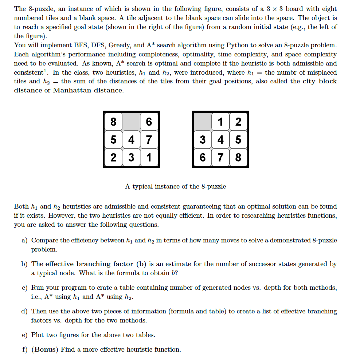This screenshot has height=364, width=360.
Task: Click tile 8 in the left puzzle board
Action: point(113,122)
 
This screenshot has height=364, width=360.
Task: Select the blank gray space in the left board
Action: point(131,122)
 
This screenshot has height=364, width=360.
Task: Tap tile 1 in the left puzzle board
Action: point(149,157)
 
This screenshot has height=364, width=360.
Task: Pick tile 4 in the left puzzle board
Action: point(131,139)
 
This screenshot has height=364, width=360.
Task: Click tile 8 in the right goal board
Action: point(238,157)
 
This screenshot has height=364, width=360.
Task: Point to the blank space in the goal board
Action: point(203,122)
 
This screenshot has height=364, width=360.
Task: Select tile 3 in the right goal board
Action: point(203,139)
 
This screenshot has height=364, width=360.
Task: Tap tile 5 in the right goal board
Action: point(238,139)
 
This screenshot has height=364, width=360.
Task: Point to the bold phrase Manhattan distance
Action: point(88,90)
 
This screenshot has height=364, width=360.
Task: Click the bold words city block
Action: point(320,81)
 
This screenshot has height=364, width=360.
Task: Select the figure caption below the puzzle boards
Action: point(175,186)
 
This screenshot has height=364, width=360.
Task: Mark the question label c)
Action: point(24,288)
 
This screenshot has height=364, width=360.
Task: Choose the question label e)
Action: point(24,335)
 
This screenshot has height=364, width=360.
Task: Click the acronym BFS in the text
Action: point(73,45)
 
